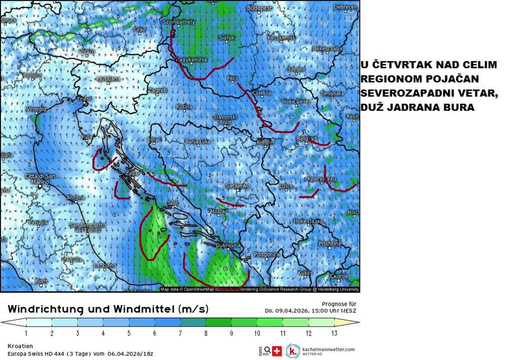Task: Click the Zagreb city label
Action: (x=157, y=90)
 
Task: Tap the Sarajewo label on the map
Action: (x=237, y=186)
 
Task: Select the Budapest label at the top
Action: (x=259, y=8)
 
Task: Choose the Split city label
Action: (x=173, y=203)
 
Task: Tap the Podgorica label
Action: (x=266, y=255)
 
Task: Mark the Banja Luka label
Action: (x=198, y=141)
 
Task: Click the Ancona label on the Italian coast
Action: (x=76, y=198)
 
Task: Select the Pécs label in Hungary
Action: (x=233, y=78)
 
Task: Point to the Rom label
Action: (x=41, y=281)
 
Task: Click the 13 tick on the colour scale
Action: (x=334, y=333)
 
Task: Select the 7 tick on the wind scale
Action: (x=180, y=333)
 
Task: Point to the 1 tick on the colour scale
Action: (x=26, y=333)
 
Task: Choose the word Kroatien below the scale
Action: (x=20, y=346)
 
